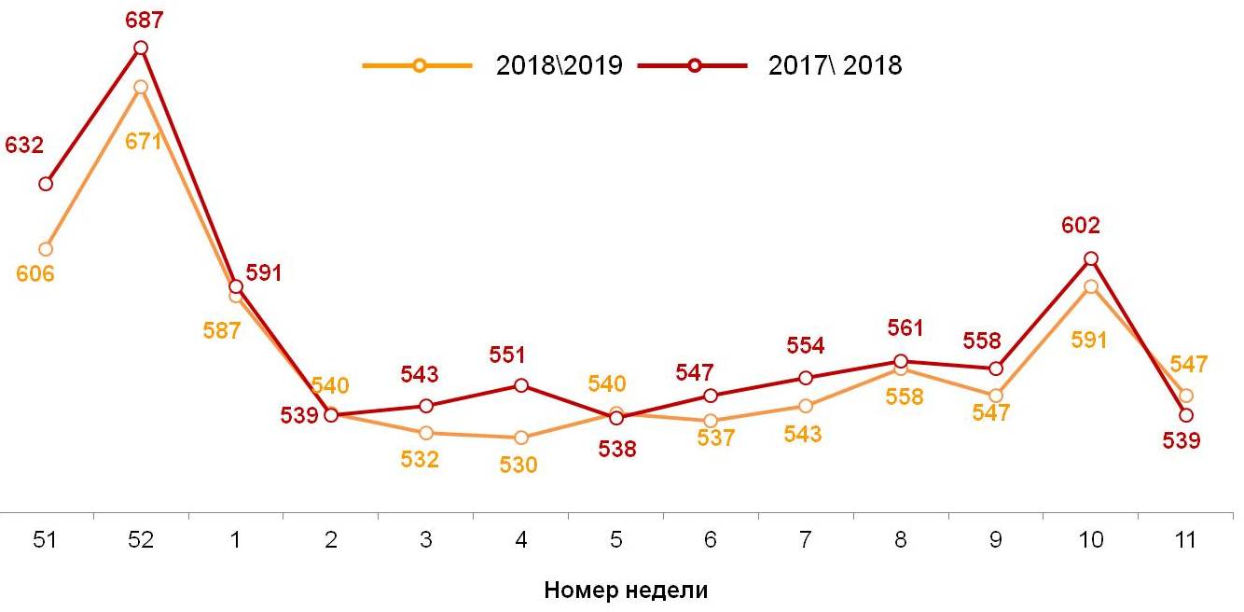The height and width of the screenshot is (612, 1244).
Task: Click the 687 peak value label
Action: pyautogui.click(x=144, y=20)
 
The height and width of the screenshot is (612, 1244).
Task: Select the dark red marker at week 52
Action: pyautogui.click(x=141, y=48)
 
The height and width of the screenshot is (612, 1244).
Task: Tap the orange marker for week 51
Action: pyautogui.click(x=46, y=249)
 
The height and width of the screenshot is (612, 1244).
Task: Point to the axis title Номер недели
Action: pyautogui.click(x=626, y=590)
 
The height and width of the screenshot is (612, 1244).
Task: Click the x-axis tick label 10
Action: pyautogui.click(x=1090, y=540)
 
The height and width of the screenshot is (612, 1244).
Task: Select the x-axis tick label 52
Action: pyautogui.click(x=141, y=540)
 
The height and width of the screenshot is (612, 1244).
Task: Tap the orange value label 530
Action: pyautogui.click(x=518, y=465)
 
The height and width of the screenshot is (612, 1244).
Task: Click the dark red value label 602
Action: pyautogui.click(x=1081, y=225)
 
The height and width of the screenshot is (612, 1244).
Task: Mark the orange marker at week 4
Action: pyautogui.click(x=520, y=438)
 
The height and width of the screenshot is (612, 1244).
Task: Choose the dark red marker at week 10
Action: pyautogui.click(x=1090, y=258)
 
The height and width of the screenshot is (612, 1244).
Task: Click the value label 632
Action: pyautogui.click(x=24, y=146)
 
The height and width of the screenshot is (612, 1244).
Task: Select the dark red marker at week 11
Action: pyautogui.click(x=1186, y=415)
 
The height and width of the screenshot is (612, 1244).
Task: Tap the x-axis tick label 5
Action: pyautogui.click(x=615, y=540)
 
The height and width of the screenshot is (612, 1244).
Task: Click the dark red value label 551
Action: pyautogui.click(x=507, y=355)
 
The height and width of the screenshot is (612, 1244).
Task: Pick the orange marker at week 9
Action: pyautogui.click(x=995, y=396)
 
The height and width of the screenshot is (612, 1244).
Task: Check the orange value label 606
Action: pyautogui.click(x=35, y=274)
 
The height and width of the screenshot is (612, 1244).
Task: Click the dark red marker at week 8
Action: pyautogui.click(x=901, y=361)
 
